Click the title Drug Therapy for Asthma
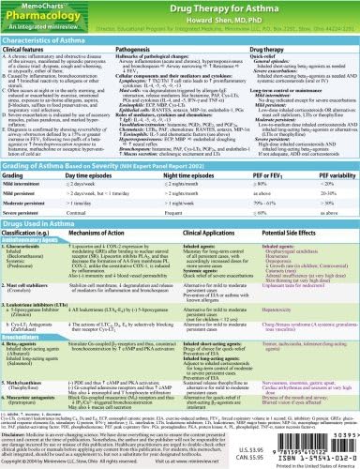[x=243, y=8]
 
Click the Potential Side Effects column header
[x=301, y=242]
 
